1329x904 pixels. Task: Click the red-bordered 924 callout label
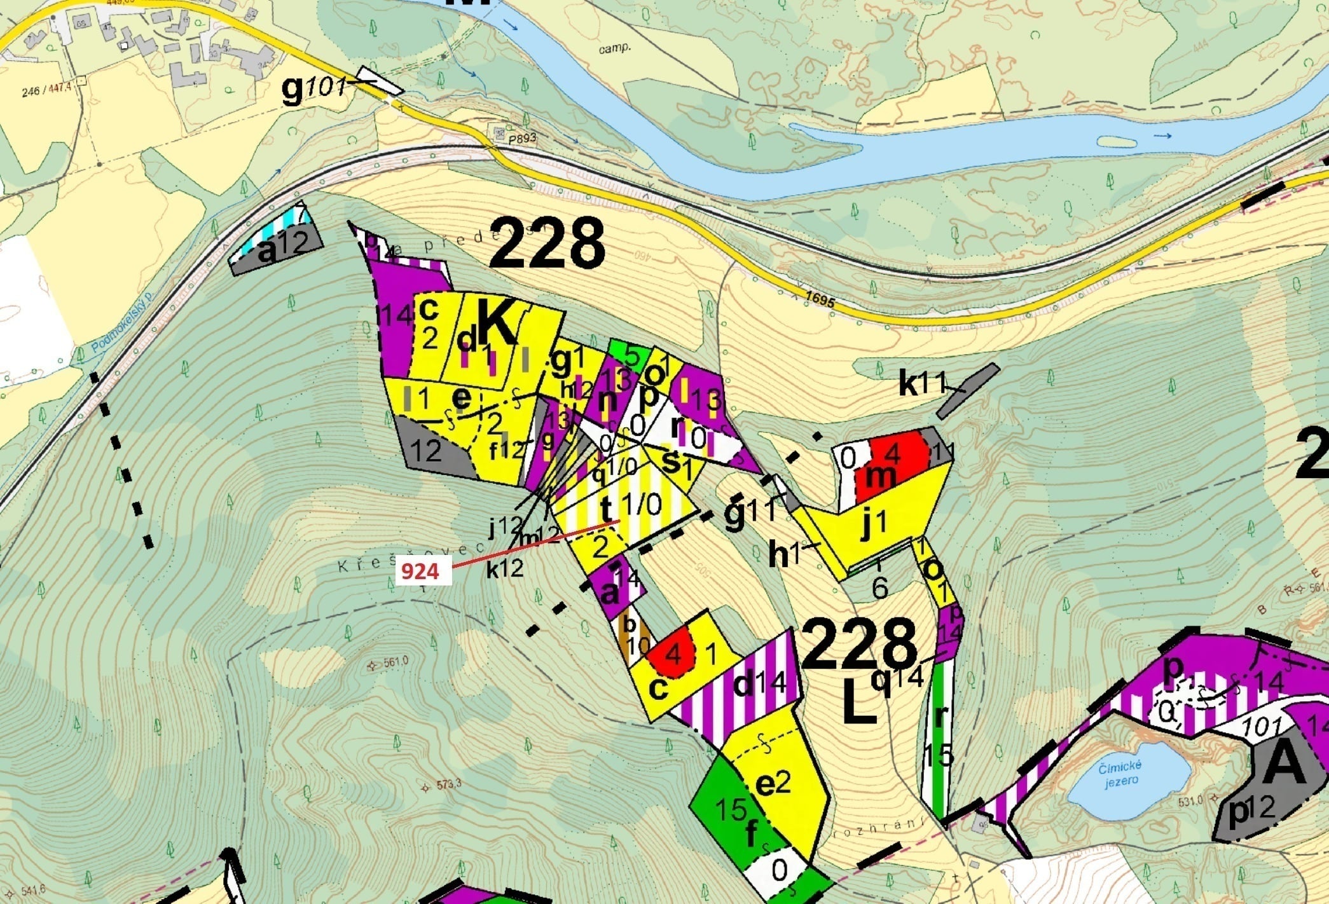(x=420, y=572)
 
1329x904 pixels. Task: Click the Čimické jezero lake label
(x=1121, y=774)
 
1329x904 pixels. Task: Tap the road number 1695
(x=819, y=299)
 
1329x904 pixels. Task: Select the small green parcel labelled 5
(x=630, y=352)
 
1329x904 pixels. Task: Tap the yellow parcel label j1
(x=872, y=524)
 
